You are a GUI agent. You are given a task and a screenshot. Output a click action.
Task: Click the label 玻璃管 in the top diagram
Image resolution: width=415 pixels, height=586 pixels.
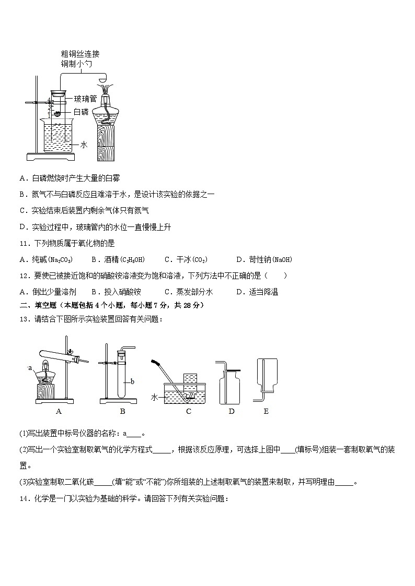click(85, 98)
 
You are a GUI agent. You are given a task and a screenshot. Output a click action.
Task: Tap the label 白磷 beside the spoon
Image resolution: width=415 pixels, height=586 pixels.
click(80, 112)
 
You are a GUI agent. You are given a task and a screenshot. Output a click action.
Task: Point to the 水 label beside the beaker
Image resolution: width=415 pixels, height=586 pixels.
click(83, 145)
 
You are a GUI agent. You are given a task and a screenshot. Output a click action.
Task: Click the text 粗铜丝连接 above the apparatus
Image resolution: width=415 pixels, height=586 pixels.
click(80, 54)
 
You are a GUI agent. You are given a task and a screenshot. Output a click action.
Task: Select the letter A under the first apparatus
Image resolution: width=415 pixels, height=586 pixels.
click(59, 411)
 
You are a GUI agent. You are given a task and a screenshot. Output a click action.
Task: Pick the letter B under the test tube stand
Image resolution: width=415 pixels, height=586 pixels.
click(122, 411)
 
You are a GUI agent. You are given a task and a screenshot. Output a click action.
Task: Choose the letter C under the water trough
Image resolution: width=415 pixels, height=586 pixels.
click(189, 411)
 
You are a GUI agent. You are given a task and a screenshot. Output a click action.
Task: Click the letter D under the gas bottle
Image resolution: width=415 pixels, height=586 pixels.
click(232, 411)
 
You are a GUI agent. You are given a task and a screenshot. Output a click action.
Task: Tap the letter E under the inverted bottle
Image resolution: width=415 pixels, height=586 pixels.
click(266, 411)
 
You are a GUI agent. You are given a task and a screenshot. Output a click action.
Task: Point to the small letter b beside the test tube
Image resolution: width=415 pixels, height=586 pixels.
click(133, 381)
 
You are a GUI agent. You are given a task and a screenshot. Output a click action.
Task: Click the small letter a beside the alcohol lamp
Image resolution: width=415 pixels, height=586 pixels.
click(30, 368)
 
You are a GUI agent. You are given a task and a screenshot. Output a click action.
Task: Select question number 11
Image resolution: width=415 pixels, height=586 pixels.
click(24, 243)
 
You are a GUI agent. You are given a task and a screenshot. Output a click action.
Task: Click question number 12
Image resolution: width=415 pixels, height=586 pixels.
click(24, 276)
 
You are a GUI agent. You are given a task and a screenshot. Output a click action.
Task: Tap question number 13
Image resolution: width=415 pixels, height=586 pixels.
click(24, 319)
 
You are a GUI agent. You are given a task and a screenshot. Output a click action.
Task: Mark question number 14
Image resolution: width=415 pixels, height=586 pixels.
click(24, 499)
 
